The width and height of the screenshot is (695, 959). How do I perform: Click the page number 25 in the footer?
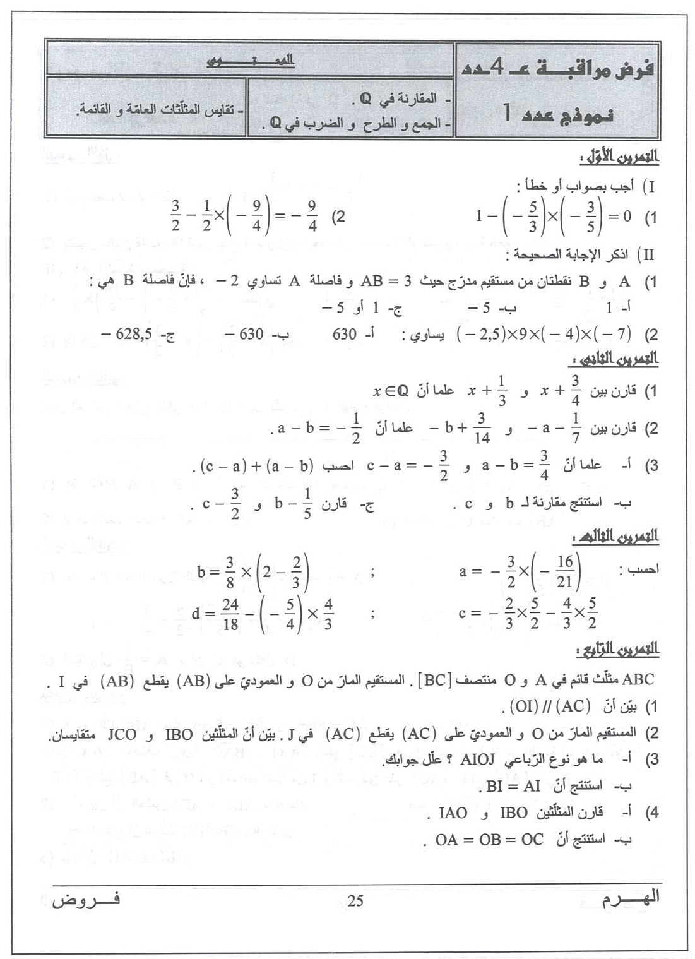(355, 902)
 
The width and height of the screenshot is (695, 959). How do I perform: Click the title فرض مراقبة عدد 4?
(557, 72)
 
